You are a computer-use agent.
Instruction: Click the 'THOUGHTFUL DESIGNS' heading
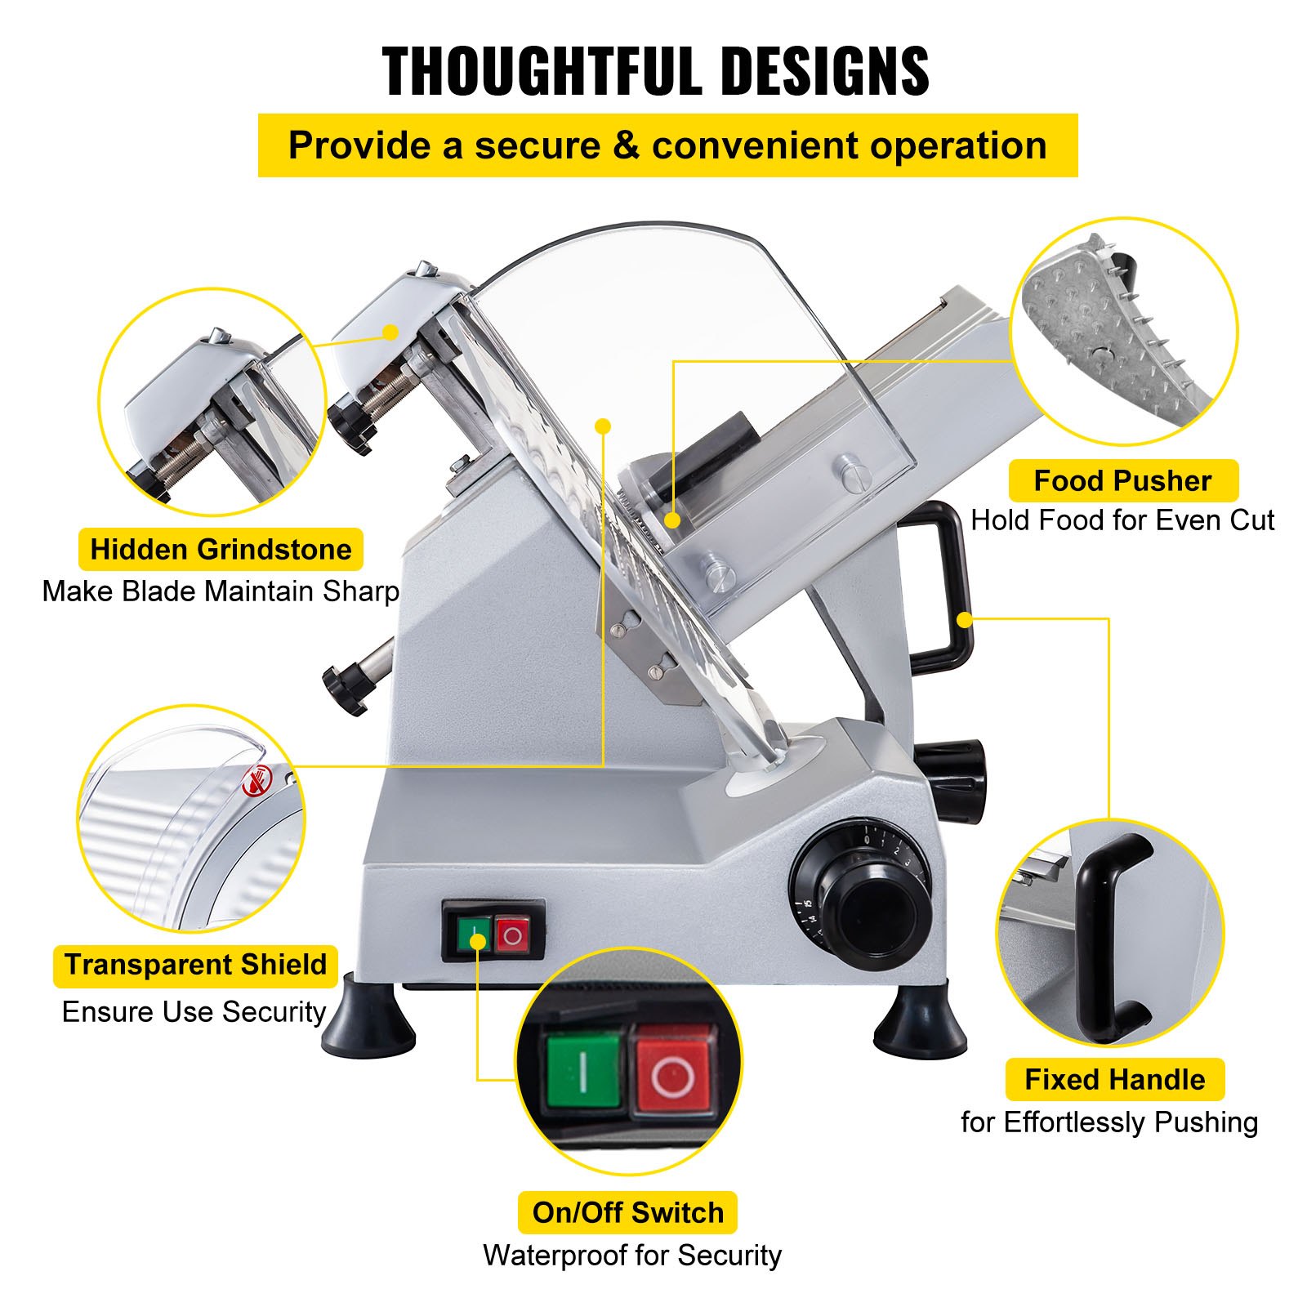pos(655,71)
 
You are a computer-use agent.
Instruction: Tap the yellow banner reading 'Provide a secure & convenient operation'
pos(667,145)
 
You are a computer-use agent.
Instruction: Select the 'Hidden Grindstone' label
pos(221,549)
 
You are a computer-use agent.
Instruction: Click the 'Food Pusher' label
pos(1122,480)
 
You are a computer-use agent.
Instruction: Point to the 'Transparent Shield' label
pos(195,965)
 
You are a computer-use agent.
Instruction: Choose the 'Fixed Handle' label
pos(1114,1079)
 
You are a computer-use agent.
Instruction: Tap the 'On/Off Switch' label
pos(627,1212)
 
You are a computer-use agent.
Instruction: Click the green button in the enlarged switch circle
pos(583,1070)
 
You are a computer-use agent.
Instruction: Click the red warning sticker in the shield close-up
pos(255,783)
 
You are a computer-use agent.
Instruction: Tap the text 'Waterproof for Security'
pos(631,1256)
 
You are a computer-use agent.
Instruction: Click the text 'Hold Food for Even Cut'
pos(1122,520)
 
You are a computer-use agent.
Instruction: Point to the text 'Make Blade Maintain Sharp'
pos(221,591)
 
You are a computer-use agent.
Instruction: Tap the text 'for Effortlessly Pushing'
pos(1108,1122)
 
